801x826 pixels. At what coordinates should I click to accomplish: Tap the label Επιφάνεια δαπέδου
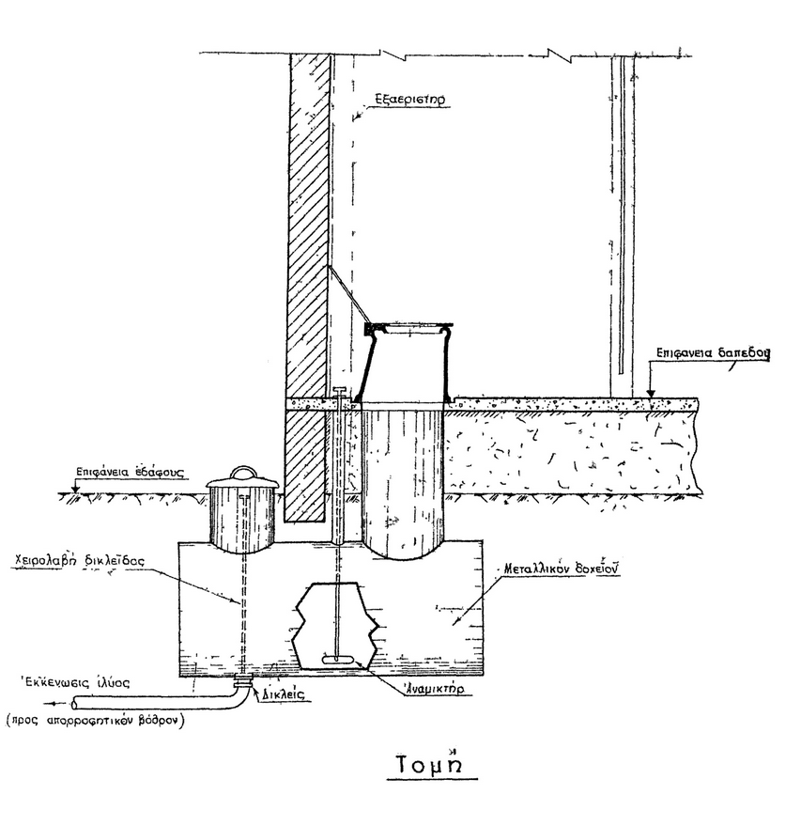pyautogui.click(x=710, y=354)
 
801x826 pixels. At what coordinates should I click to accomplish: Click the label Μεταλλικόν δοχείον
pyautogui.click(x=556, y=569)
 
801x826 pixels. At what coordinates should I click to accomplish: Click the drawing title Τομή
pyautogui.click(x=433, y=764)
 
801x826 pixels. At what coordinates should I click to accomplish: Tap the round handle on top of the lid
pyautogui.click(x=242, y=471)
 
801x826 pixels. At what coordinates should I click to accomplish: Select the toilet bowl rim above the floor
pyautogui.click(x=408, y=328)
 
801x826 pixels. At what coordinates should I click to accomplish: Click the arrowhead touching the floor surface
pyautogui.click(x=649, y=392)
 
